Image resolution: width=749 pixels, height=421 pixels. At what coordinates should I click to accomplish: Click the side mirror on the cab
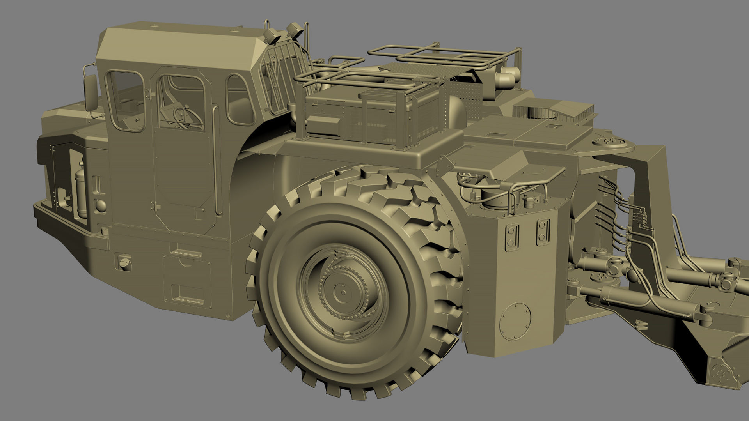point(91,93)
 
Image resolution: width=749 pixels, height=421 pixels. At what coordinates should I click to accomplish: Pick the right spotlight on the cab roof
point(293,30)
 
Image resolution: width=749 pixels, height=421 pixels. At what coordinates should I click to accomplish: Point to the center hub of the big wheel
point(343,292)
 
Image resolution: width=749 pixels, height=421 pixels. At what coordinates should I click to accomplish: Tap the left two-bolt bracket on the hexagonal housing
point(511,236)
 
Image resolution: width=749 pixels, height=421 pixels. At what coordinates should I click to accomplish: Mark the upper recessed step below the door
point(186,253)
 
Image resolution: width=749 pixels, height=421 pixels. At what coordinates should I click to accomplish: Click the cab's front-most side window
point(126,101)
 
